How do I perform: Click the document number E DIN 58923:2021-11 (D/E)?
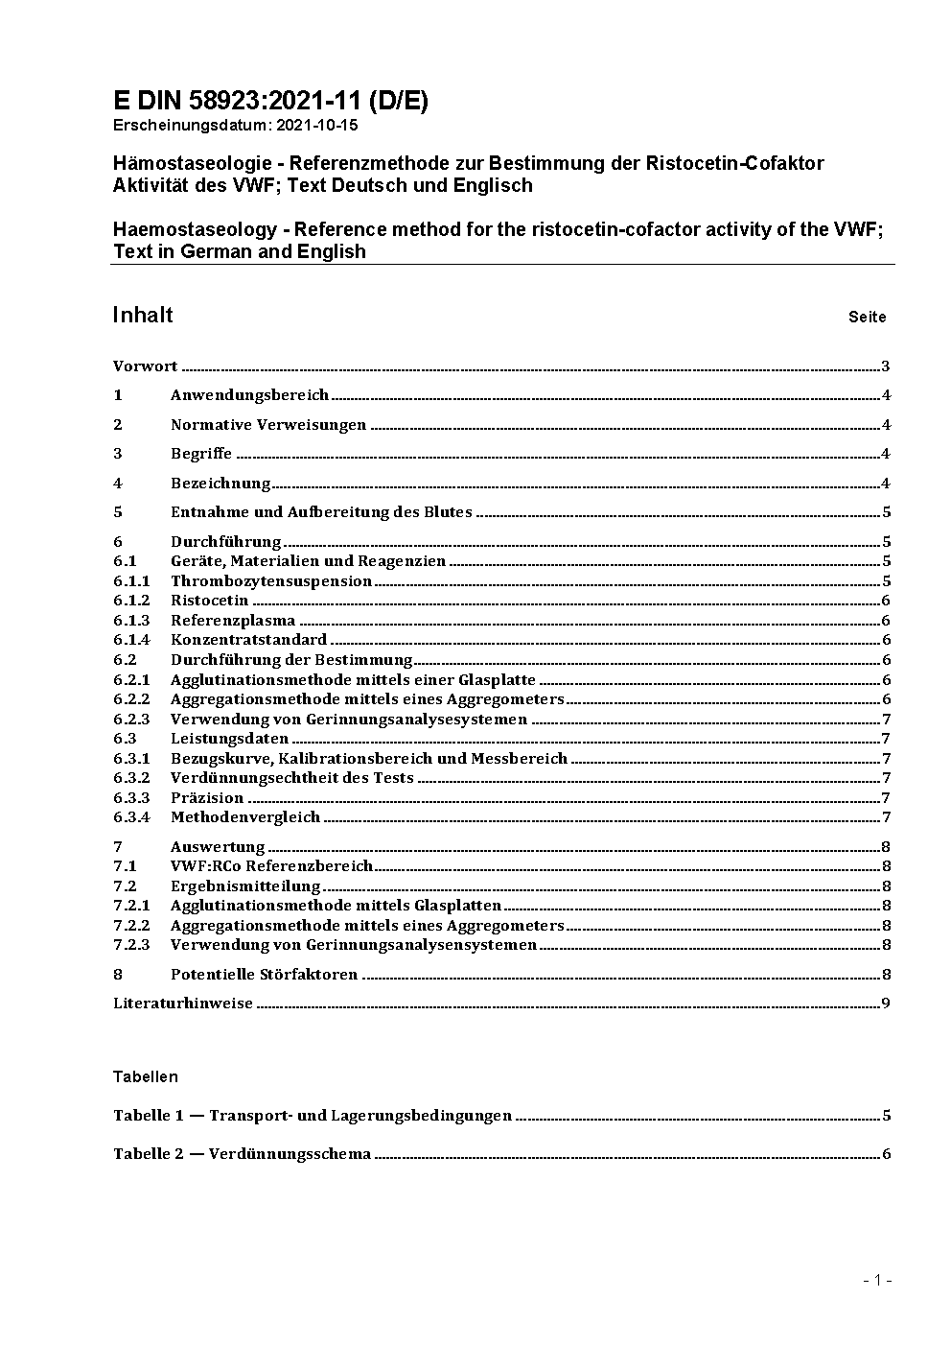[270, 101]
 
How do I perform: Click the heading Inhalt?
[143, 316]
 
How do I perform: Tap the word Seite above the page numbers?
[867, 318]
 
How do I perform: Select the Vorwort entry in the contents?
[145, 366]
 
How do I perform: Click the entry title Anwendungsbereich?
[249, 395]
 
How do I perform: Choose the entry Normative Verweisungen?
[267, 425]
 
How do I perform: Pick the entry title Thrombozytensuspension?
[270, 581]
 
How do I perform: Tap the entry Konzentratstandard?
[248, 640]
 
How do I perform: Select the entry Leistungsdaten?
[229, 739]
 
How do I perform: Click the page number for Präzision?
[887, 798]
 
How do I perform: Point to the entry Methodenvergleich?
[244, 817]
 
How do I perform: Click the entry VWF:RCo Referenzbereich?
[271, 866]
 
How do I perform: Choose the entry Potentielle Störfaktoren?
[264, 975]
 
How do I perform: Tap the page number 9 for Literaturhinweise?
[887, 1004]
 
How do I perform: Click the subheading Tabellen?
[146, 1076]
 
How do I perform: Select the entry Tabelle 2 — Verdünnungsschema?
[242, 1154]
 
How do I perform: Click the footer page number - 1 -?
[877, 1280]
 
